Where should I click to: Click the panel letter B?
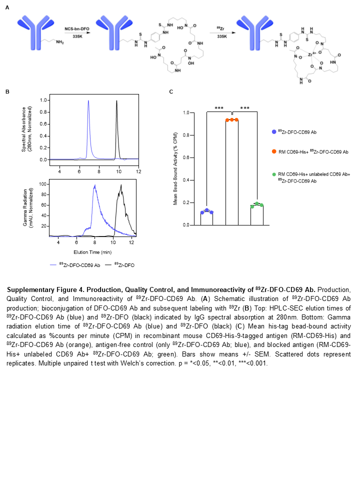(x=7, y=92)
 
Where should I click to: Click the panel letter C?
(x=171, y=92)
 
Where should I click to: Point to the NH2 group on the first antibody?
(x=59, y=43)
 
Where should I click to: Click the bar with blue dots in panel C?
(x=206, y=218)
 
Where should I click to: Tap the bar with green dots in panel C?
(x=256, y=215)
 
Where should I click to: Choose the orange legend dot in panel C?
(x=274, y=150)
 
